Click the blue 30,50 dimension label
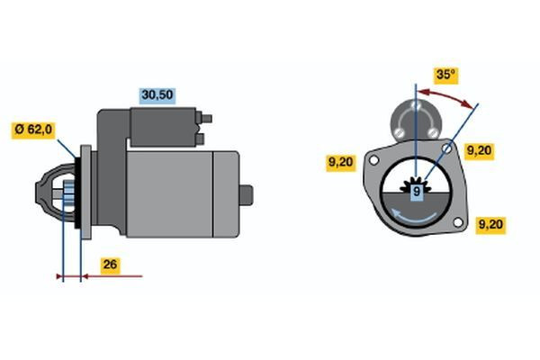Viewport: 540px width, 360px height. [157, 95]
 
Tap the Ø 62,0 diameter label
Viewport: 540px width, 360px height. [33, 130]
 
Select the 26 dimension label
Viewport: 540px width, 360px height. [110, 265]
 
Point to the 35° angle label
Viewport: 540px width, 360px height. [445, 75]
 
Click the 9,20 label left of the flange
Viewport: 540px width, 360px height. [341, 162]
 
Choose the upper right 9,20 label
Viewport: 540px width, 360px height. [479, 151]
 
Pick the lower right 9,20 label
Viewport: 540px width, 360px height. [490, 225]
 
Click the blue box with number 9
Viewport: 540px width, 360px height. [417, 191]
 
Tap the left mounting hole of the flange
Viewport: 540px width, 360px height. [373, 160]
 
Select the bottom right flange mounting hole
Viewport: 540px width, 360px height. [458, 222]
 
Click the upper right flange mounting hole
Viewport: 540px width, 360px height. [447, 148]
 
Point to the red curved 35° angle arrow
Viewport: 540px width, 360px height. [445, 95]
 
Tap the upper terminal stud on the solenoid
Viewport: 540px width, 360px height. [206, 119]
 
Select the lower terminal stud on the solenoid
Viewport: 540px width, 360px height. [200, 139]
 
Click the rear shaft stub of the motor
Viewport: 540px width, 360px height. [247, 195]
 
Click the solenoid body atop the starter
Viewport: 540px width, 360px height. [163, 127]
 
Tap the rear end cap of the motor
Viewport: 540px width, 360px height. [226, 194]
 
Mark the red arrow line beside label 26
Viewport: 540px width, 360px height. [112, 276]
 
